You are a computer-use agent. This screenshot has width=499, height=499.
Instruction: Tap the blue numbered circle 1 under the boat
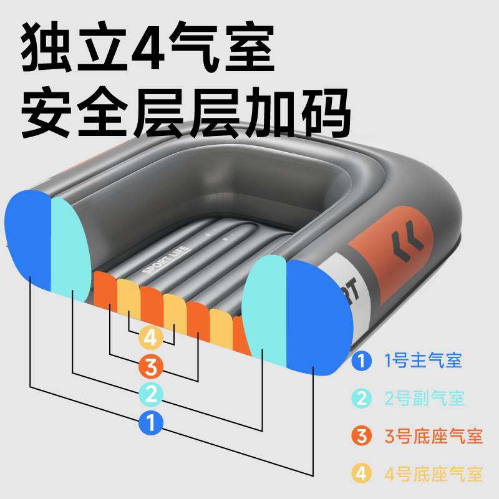(x=150, y=423)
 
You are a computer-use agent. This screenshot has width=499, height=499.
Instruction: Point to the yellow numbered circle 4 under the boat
(x=150, y=337)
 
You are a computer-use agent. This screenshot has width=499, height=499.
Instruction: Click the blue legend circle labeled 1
(x=361, y=361)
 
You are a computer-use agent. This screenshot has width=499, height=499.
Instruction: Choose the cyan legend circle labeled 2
(x=361, y=398)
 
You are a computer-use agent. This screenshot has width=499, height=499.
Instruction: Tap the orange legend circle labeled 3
(x=361, y=436)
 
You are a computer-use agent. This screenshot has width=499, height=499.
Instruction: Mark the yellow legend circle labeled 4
(x=361, y=473)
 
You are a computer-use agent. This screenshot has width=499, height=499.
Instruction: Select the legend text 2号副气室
(x=424, y=398)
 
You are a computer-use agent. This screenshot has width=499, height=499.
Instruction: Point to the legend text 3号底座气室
(x=433, y=436)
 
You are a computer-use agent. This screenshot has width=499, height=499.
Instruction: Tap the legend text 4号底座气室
(x=433, y=473)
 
